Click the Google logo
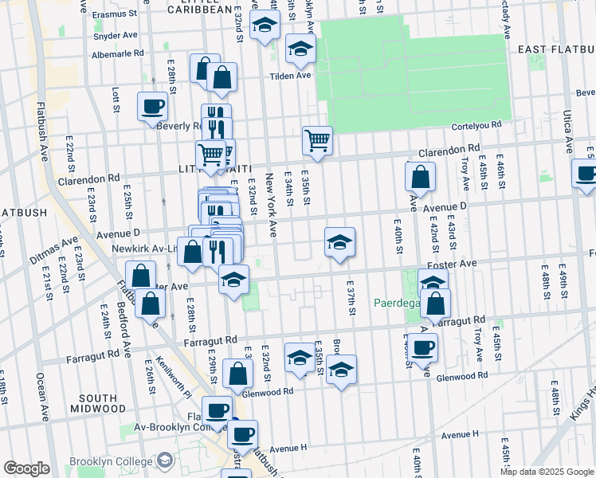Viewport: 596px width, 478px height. pos(26,468)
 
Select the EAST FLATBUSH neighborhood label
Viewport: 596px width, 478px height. pos(554,49)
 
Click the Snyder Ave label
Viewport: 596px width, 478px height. pos(116,36)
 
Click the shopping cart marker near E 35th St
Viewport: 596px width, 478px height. pos(317,141)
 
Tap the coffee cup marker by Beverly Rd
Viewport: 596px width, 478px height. pos(152,105)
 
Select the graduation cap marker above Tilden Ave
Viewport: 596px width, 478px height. pos(300,49)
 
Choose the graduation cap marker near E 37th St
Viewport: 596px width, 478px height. pos(339,242)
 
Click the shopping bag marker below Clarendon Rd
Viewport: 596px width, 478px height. pos(420,176)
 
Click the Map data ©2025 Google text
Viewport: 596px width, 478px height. pos(546,472)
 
